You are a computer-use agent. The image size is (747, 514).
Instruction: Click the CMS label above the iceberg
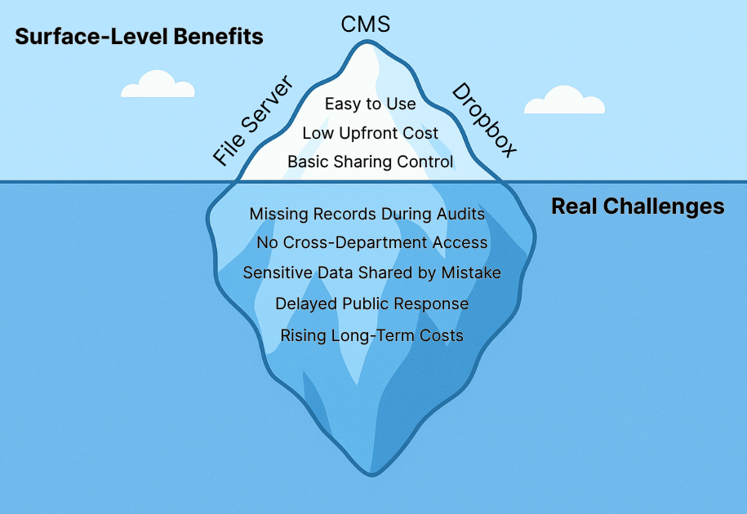365,24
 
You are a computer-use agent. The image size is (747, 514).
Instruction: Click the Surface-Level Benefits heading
139,37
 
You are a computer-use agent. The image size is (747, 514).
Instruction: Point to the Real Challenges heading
638,206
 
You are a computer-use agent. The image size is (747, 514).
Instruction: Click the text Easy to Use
370,104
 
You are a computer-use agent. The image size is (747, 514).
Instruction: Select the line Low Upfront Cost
370,133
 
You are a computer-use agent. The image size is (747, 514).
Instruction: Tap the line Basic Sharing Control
370,162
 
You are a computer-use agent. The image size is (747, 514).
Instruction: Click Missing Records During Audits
367,214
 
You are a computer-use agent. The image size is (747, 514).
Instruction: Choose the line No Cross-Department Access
371,242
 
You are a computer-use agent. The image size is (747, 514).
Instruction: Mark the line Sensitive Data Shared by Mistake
371,273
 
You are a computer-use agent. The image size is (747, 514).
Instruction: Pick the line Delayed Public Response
371,304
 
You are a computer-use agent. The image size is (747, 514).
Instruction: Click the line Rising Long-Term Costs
371,335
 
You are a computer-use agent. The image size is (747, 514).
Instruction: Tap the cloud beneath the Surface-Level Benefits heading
158,86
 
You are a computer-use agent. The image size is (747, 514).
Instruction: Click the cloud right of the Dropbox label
564,100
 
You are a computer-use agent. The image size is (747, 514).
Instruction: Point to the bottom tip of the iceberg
371,472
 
